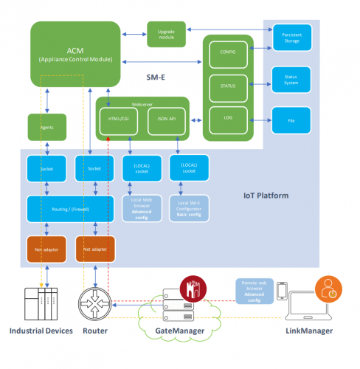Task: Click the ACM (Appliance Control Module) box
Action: click(x=75, y=54)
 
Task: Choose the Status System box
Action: click(x=292, y=77)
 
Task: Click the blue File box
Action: click(x=292, y=120)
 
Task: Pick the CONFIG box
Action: click(x=227, y=54)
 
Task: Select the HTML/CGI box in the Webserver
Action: click(x=115, y=120)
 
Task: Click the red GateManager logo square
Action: click(x=196, y=286)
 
